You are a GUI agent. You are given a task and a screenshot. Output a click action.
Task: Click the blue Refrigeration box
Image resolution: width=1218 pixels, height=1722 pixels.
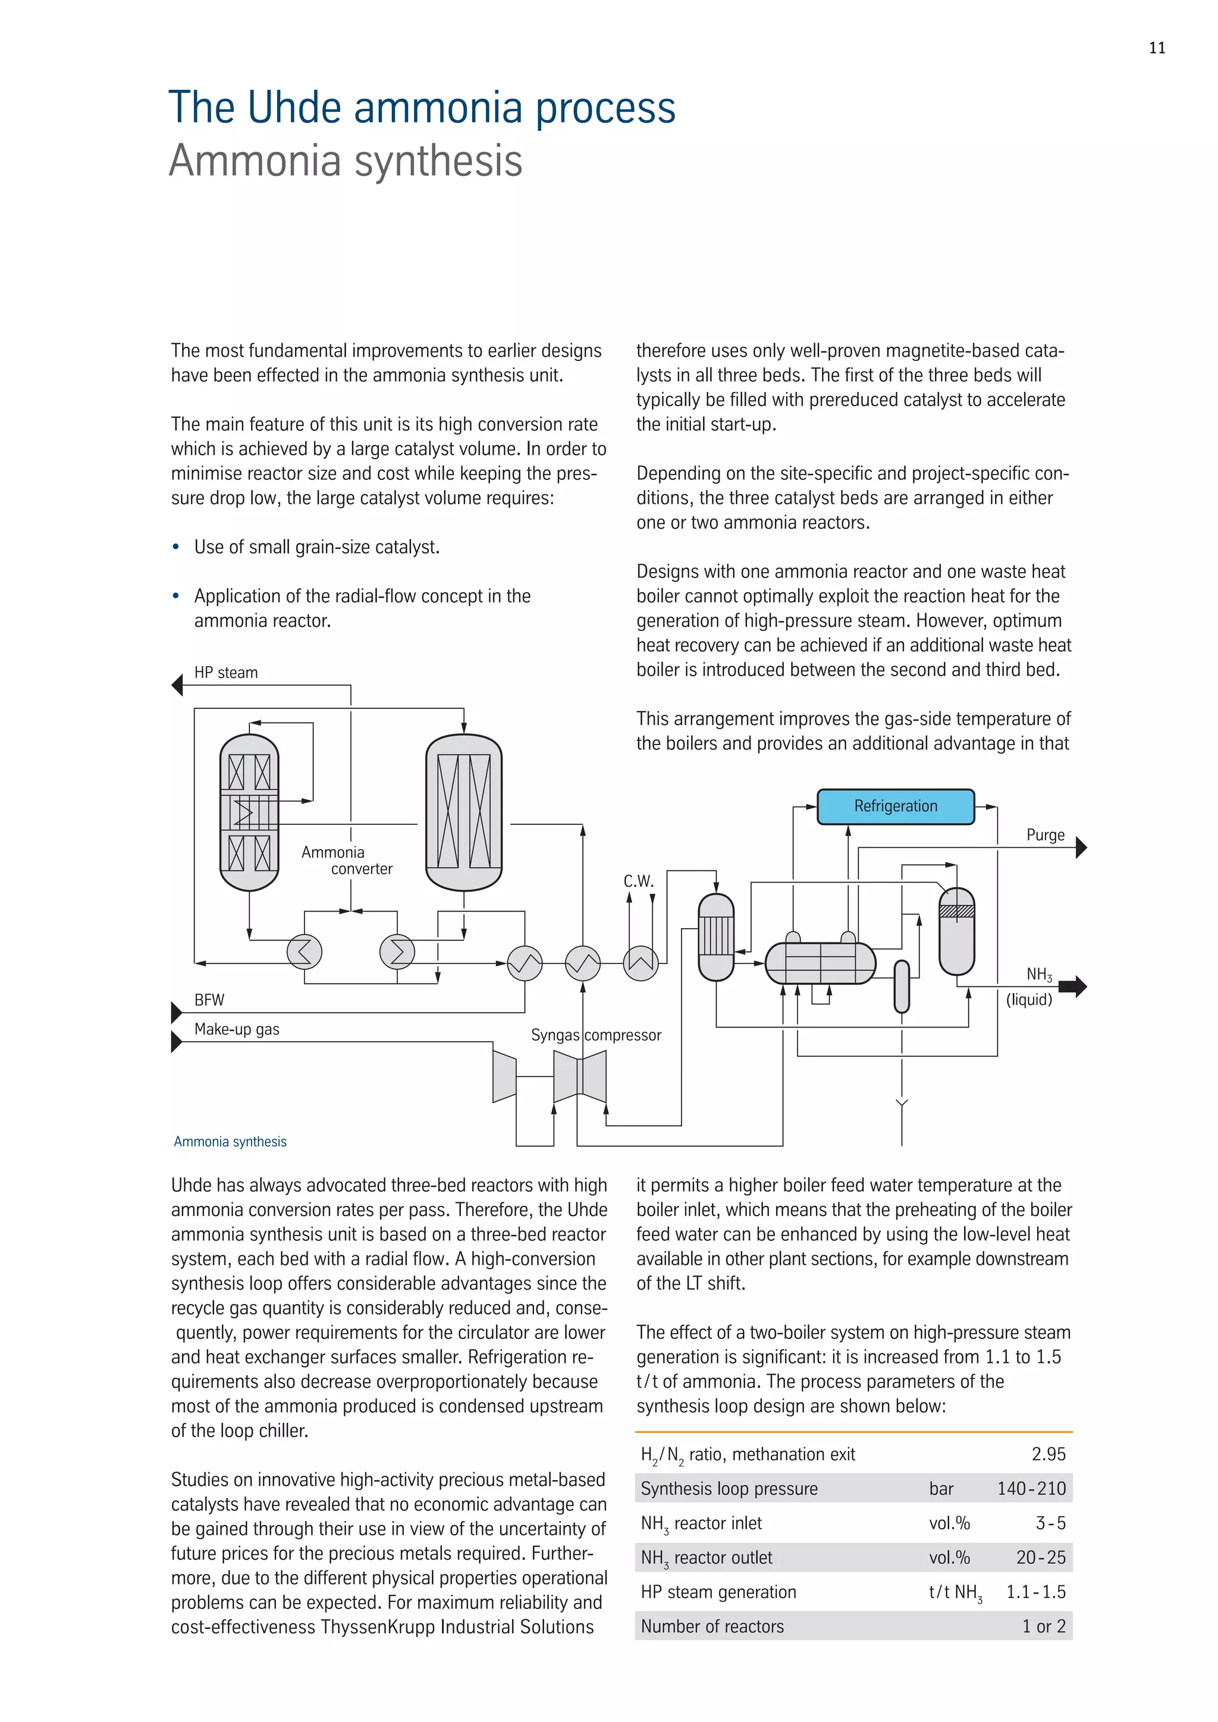tap(896, 806)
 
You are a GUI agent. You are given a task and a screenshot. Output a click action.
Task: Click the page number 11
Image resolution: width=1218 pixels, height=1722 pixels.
tap(1157, 48)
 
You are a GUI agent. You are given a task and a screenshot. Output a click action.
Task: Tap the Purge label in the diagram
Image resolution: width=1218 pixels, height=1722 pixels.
tap(1045, 835)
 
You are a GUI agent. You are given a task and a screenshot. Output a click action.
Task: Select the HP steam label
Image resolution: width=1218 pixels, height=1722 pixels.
tap(226, 673)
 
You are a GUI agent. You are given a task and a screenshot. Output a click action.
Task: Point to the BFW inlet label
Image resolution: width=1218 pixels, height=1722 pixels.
tap(209, 1000)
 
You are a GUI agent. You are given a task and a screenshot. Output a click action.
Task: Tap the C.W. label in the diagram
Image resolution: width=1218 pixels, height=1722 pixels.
tap(638, 881)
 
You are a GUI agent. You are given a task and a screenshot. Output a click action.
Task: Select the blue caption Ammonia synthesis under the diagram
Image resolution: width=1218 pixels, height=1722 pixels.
tap(230, 1142)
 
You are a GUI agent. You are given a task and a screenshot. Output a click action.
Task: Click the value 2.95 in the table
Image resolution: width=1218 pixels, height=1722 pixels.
tap(1048, 1454)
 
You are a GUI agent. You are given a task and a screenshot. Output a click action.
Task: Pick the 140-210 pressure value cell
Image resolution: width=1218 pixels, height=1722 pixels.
tap(1031, 1489)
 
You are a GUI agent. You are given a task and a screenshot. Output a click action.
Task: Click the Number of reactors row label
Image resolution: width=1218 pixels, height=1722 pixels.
tap(712, 1626)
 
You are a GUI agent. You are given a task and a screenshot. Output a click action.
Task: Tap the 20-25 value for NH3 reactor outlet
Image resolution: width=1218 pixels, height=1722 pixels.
tap(1040, 1558)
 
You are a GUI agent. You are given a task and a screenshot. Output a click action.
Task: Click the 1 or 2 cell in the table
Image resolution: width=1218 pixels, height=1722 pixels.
tap(1043, 1626)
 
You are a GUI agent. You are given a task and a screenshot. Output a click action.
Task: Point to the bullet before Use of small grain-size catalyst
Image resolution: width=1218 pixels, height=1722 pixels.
tap(175, 548)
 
